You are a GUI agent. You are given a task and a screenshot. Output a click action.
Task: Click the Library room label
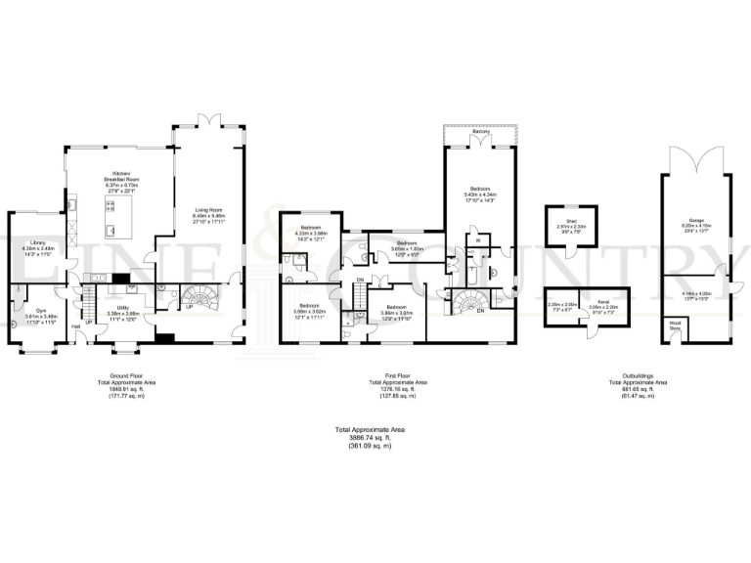click(38, 242)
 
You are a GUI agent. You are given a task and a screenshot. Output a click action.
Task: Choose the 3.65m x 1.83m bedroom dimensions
click(406, 248)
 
